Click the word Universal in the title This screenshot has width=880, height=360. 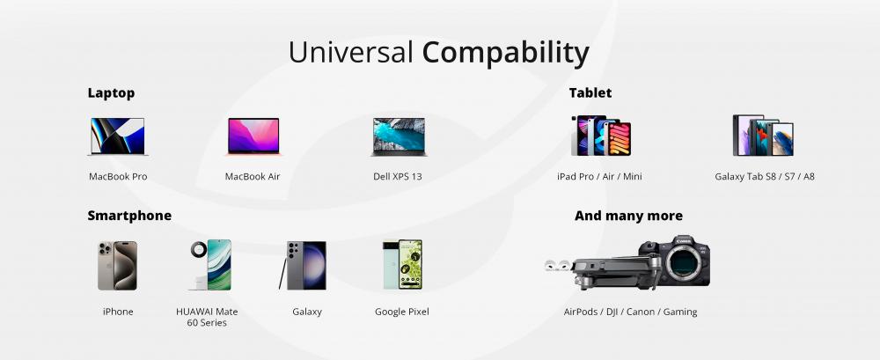351,52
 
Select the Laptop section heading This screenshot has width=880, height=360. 111,93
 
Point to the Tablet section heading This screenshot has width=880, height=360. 590,92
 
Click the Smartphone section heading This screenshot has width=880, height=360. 129,216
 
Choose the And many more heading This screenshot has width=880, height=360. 628,216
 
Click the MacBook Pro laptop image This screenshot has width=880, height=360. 118,136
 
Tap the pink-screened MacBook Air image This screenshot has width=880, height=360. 253,136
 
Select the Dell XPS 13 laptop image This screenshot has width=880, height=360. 399,136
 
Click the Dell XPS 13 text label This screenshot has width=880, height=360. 398,176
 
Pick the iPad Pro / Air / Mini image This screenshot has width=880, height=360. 601,136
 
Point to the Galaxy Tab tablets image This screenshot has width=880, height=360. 763,136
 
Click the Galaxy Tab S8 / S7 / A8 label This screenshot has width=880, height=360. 765,176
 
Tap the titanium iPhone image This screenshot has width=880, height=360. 117,266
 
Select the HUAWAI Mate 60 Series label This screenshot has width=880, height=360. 207,318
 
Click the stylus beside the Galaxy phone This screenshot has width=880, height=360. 282,274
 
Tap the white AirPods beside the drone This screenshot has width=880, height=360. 557,265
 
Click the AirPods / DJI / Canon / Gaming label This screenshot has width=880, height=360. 630,312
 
